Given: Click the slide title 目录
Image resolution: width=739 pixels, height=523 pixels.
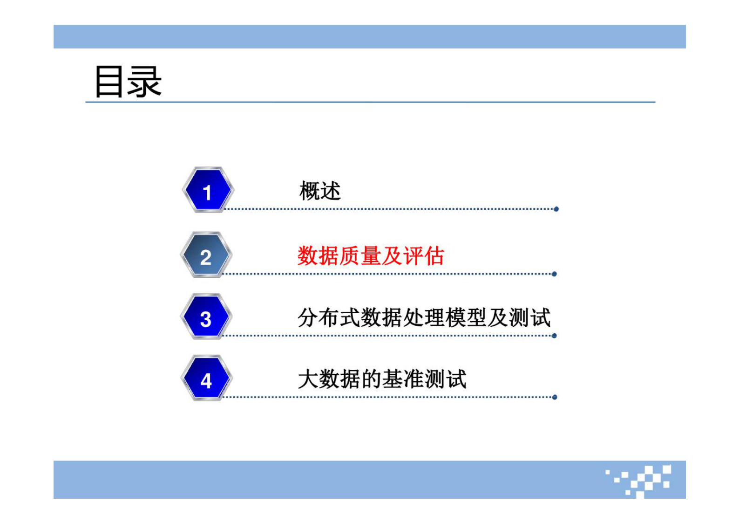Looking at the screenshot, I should (128, 82).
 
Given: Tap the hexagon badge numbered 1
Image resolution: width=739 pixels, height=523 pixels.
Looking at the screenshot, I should (207, 190).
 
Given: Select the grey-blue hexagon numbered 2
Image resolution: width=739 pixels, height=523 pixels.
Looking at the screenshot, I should (206, 255).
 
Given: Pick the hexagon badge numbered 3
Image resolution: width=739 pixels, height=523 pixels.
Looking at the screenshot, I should (206, 317).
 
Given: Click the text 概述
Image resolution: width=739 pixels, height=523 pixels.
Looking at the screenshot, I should (320, 191).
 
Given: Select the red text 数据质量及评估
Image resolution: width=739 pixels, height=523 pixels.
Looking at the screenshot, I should (371, 256).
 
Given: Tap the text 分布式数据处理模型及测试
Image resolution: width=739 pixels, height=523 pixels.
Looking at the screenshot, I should (424, 318).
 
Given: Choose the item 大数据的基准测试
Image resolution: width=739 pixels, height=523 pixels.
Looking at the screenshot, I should (382, 379).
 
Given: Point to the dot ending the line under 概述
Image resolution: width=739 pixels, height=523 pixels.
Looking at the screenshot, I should (556, 209).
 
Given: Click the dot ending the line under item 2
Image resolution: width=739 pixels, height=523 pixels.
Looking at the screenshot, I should (554, 274).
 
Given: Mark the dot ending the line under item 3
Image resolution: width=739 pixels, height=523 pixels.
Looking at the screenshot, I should (554, 336).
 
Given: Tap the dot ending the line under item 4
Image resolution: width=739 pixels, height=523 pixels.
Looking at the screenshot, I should (555, 397).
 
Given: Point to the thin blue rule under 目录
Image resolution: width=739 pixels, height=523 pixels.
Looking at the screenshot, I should (370, 102).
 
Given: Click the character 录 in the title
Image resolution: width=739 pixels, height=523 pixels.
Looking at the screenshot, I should (145, 82).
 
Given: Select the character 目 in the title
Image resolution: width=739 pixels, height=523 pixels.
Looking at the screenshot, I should (109, 82).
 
